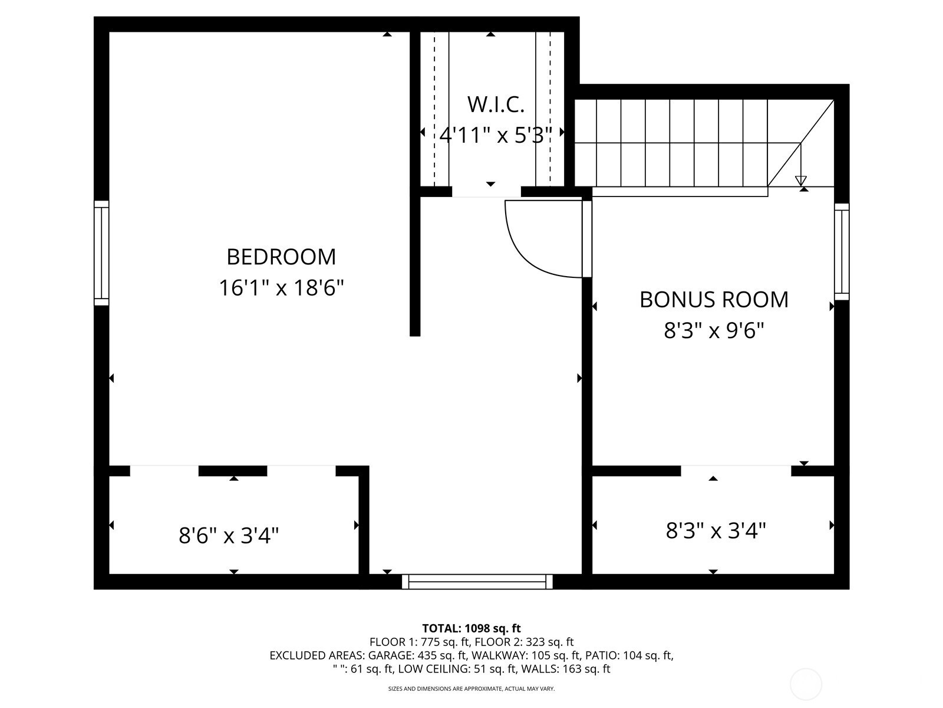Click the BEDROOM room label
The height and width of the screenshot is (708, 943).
[x=281, y=257]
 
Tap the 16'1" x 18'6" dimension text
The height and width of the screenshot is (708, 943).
[x=281, y=287]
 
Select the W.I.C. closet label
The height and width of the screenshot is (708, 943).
[x=496, y=104]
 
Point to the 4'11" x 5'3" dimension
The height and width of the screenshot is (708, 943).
[x=495, y=136]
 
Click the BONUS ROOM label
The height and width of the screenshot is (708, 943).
[x=714, y=300]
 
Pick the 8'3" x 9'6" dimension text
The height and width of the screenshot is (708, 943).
[x=714, y=331]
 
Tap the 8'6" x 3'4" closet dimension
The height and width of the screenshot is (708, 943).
[x=229, y=536]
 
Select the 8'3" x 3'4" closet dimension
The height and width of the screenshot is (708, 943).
[x=716, y=530]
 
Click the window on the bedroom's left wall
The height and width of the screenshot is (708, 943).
[x=101, y=253]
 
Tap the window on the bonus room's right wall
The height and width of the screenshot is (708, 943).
[x=842, y=251]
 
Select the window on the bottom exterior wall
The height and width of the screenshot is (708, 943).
[x=477, y=582]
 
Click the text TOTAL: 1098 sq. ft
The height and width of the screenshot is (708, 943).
[x=471, y=628]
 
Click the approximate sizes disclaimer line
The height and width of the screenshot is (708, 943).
[x=471, y=689]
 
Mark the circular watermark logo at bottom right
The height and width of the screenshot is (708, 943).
[x=806, y=685]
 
